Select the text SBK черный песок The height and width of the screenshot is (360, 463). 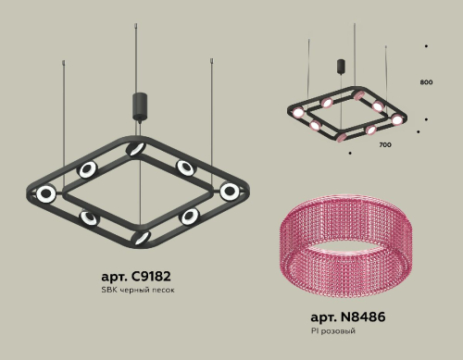pyautogui.click(x=137, y=291)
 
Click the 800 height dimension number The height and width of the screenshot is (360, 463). pyautogui.click(x=426, y=82)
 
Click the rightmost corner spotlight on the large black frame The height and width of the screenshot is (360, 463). pyautogui.click(x=229, y=191)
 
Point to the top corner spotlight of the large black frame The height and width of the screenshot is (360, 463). pyautogui.click(x=137, y=149)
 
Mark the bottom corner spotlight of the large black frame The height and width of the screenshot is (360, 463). pyautogui.click(x=140, y=237)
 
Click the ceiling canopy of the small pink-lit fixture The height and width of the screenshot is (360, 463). pyautogui.click(x=342, y=67)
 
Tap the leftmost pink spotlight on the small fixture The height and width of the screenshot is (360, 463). pyautogui.click(x=298, y=114)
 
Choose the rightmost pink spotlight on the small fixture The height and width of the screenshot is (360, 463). pyautogui.click(x=397, y=119)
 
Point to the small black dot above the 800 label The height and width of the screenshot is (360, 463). pyautogui.click(x=426, y=45)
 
